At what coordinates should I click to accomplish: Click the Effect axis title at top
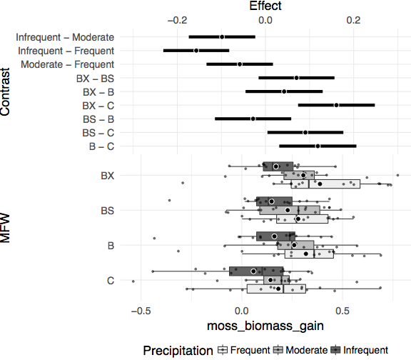[265, 6]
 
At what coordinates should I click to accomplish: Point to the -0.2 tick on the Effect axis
[177, 20]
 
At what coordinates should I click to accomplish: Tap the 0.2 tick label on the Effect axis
[353, 20]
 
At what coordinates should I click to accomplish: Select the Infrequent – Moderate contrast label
[65, 37]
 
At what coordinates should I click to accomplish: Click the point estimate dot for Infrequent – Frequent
[196, 51]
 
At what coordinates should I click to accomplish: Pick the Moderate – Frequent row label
[67, 64]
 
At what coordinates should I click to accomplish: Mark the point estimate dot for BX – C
[336, 105]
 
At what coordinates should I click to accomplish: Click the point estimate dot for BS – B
[253, 119]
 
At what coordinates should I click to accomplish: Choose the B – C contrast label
[102, 146]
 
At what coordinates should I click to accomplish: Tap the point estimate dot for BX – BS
[296, 78]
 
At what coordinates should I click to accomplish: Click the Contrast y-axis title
[5, 92]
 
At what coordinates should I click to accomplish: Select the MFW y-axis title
[5, 228]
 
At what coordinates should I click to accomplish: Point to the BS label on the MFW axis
[108, 211]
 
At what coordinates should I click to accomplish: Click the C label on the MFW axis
[111, 281]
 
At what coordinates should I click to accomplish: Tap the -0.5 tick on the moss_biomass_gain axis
[141, 311]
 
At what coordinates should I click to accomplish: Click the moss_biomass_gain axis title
[265, 326]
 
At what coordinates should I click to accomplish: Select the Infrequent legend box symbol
[335, 350]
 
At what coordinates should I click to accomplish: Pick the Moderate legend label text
[306, 350]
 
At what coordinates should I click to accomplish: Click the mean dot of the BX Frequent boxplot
[320, 184]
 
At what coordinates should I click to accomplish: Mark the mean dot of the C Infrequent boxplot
[253, 271]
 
